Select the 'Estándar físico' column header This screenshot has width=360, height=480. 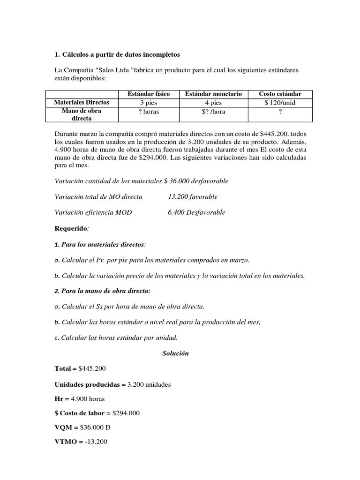[x=146, y=94]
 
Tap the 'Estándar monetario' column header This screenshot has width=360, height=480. [x=213, y=94]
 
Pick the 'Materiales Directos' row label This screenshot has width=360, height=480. [x=82, y=102]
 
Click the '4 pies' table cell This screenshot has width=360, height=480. [x=213, y=102]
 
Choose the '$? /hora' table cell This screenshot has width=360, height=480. [x=213, y=112]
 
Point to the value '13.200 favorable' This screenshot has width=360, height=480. [x=193, y=196]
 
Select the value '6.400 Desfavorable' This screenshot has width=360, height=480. [x=196, y=212]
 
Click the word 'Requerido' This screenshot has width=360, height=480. [x=71, y=228]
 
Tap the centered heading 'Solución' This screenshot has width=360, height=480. [x=175, y=353]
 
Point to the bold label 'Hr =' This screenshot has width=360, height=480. [x=61, y=399]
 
